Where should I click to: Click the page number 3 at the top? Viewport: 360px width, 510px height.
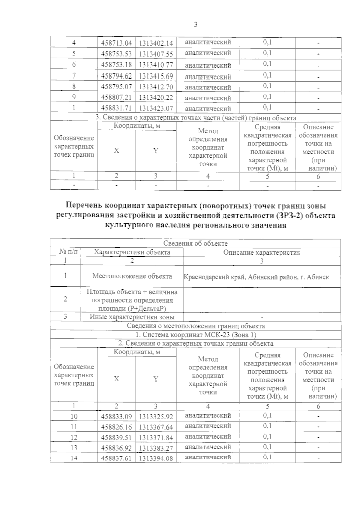pyautogui.click(x=196, y=25)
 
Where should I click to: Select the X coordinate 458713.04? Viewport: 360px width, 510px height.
pyautogui.click(x=116, y=43)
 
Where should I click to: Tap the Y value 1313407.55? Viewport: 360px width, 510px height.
pyautogui.click(x=156, y=54)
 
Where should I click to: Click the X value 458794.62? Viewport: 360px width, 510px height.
pyautogui.click(x=116, y=76)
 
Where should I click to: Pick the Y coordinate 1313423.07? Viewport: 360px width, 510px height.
pyautogui.click(x=156, y=108)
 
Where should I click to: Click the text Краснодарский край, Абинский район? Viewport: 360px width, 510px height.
pyautogui.click(x=256, y=277)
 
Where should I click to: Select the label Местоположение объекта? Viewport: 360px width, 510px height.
pyautogui.click(x=132, y=276)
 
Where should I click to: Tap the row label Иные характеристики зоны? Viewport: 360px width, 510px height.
pyautogui.click(x=132, y=317)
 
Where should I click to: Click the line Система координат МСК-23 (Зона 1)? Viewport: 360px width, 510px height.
pyautogui.click(x=196, y=335)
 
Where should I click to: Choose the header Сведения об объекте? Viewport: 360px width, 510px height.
pyautogui.click(x=195, y=243)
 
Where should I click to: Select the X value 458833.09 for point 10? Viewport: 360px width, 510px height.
pyautogui.click(x=116, y=416)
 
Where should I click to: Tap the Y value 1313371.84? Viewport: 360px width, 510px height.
pyautogui.click(x=156, y=438)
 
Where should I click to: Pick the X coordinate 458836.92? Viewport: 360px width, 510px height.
pyautogui.click(x=116, y=448)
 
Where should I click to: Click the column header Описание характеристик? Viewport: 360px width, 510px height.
pyautogui.click(x=262, y=252)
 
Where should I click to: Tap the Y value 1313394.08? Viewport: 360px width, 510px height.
pyautogui.click(x=156, y=458)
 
